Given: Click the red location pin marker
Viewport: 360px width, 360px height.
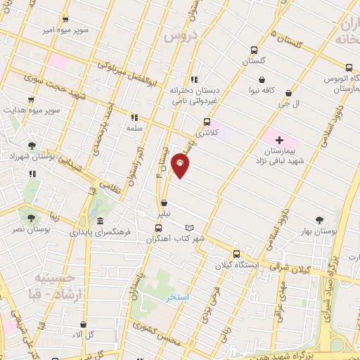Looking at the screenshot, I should (x=181, y=167).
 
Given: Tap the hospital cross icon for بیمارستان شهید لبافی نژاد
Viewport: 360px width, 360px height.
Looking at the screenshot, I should (x=279, y=141).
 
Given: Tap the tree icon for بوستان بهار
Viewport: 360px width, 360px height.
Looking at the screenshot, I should (x=320, y=220).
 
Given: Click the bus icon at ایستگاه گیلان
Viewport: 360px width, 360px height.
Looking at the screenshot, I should (x=236, y=255).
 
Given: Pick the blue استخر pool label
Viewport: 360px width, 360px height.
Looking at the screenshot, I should (x=179, y=297).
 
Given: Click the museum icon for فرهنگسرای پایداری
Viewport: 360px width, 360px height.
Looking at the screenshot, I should (x=99, y=221).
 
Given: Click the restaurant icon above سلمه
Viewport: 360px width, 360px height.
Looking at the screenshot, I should (x=134, y=118).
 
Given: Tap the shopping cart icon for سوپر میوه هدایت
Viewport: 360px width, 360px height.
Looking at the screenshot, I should (x=31, y=101).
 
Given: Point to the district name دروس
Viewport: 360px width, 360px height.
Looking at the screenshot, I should (x=177, y=37).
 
